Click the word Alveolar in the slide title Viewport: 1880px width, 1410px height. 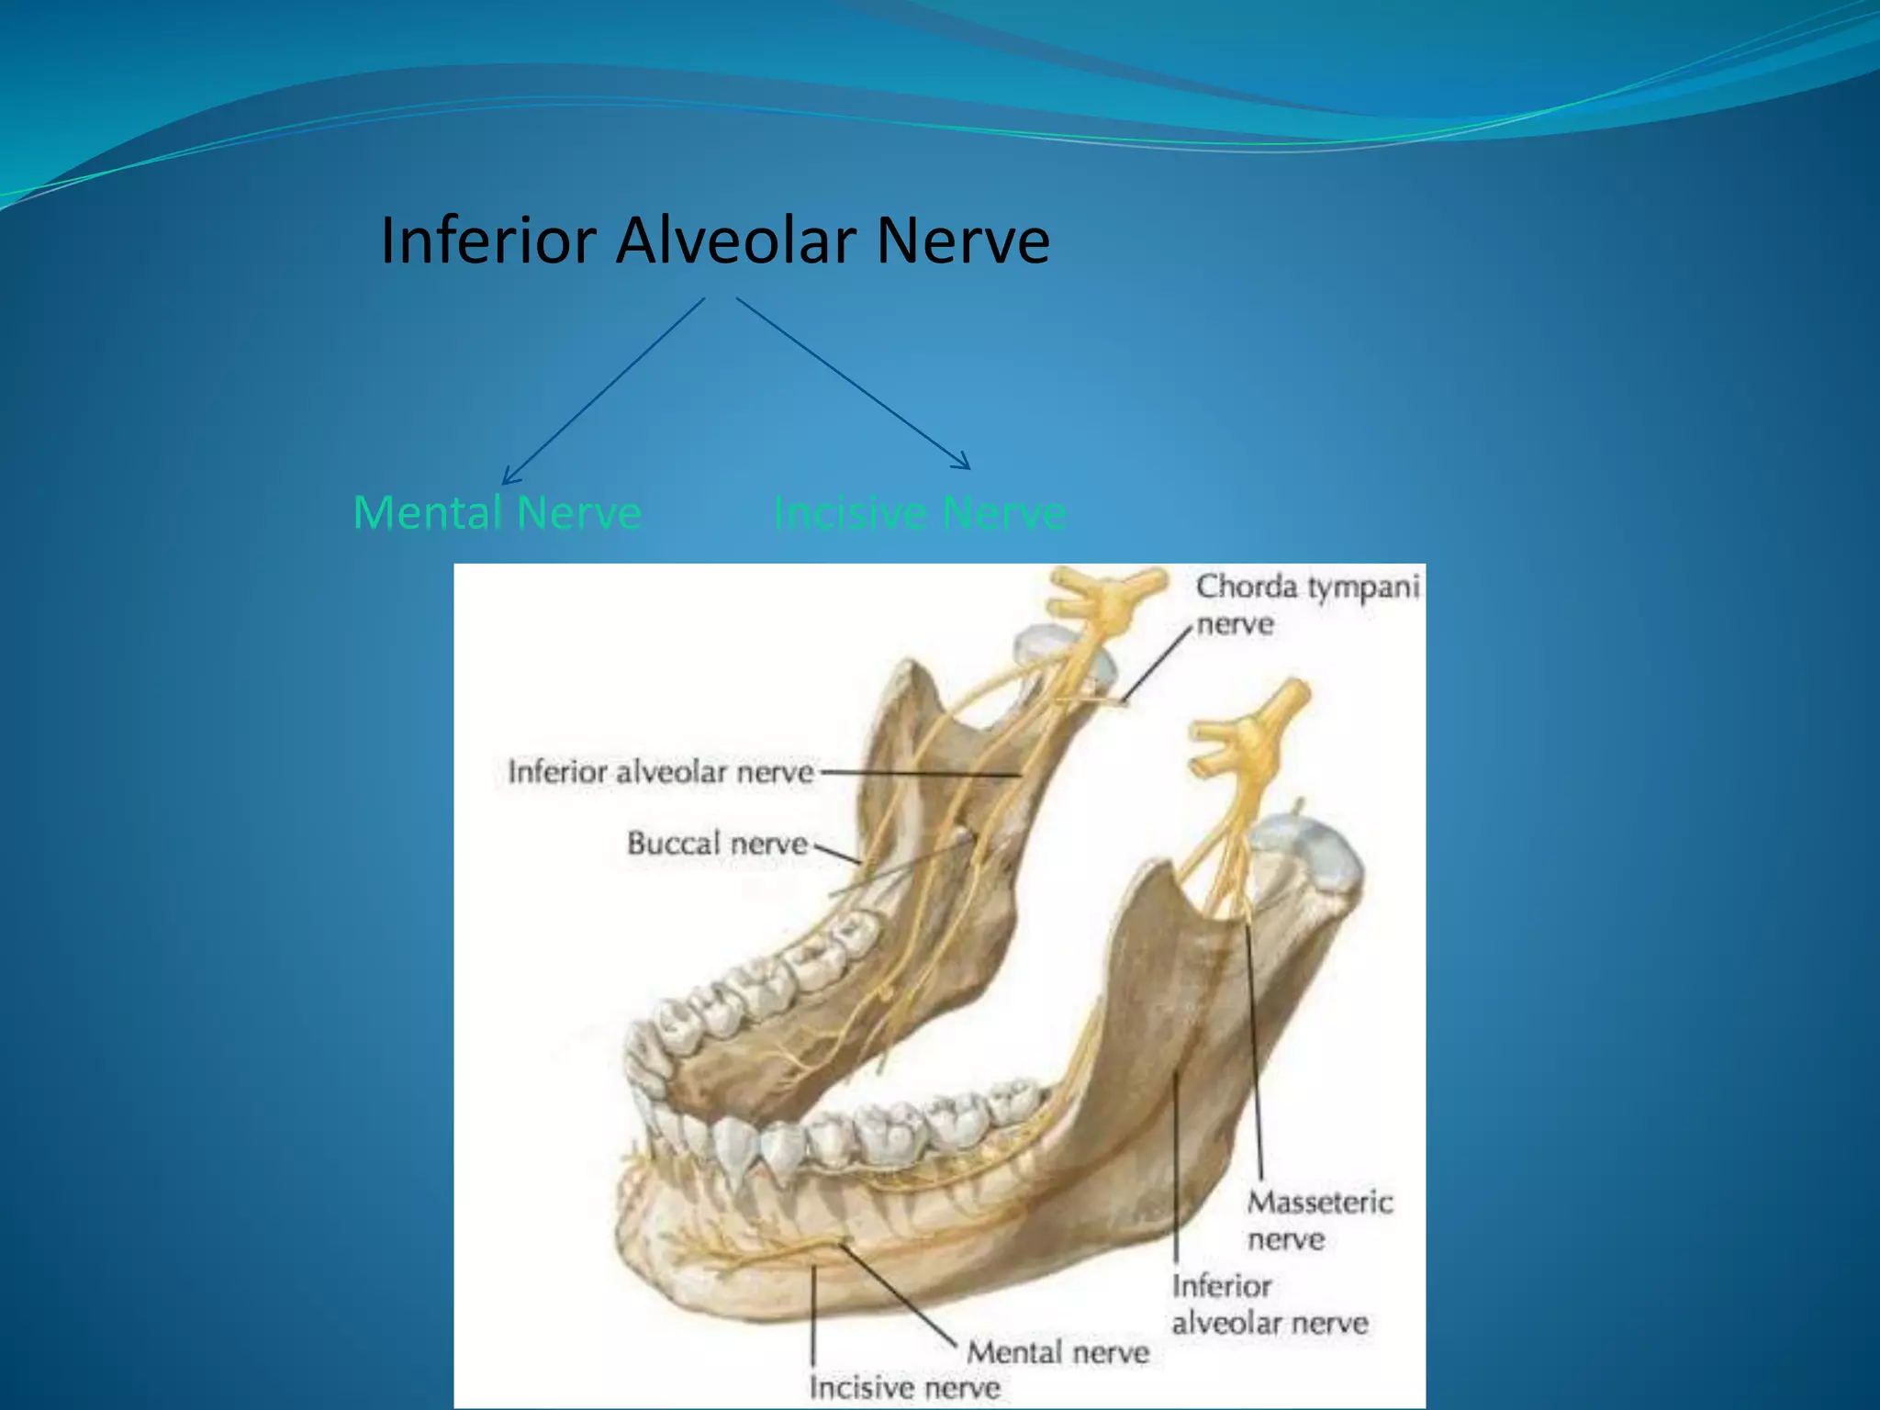click(735, 241)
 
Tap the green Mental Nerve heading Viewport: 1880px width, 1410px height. click(497, 512)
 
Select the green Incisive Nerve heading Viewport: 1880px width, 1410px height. click(920, 512)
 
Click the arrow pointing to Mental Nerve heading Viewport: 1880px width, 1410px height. click(603, 391)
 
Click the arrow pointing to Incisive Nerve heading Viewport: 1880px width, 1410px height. click(853, 383)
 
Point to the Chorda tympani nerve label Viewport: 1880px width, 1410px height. click(1306, 605)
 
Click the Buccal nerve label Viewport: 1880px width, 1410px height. click(717, 843)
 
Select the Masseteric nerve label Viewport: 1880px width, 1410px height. click(1319, 1220)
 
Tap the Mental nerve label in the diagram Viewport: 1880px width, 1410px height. click(1057, 1352)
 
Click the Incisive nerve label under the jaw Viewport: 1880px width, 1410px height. click(903, 1387)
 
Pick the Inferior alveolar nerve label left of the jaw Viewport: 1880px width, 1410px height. click(661, 772)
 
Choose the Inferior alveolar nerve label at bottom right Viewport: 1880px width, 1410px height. click(1269, 1304)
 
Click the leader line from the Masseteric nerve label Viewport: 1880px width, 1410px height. click(1254, 1056)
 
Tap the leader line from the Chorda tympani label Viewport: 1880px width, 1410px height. click(1158, 665)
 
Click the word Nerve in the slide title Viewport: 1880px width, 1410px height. click(963, 241)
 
